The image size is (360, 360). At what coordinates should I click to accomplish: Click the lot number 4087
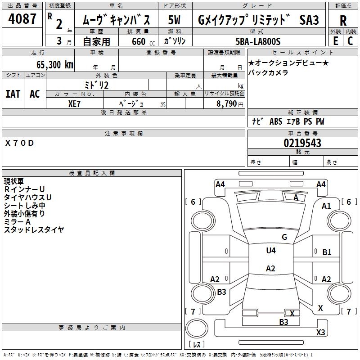[22, 20]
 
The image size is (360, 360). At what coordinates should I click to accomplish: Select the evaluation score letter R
[343, 21]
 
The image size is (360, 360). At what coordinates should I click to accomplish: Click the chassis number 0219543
[302, 143]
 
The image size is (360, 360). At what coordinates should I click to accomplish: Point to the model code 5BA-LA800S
[258, 41]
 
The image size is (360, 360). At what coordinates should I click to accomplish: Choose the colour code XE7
[75, 103]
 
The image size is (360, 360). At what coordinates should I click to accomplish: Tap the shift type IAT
[13, 94]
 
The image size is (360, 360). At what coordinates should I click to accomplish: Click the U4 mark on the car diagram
[270, 251]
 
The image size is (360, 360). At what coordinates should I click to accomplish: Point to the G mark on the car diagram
[284, 237]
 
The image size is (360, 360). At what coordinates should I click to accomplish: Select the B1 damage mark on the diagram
[327, 252]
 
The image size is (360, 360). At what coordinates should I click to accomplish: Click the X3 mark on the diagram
[320, 333]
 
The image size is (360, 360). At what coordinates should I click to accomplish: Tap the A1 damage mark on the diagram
[326, 206]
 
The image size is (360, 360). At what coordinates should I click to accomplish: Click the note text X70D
[19, 143]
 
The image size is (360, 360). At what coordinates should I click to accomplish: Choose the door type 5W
[175, 20]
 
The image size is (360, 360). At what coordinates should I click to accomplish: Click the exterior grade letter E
[335, 41]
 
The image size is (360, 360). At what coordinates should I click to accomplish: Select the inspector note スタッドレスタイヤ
[34, 230]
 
